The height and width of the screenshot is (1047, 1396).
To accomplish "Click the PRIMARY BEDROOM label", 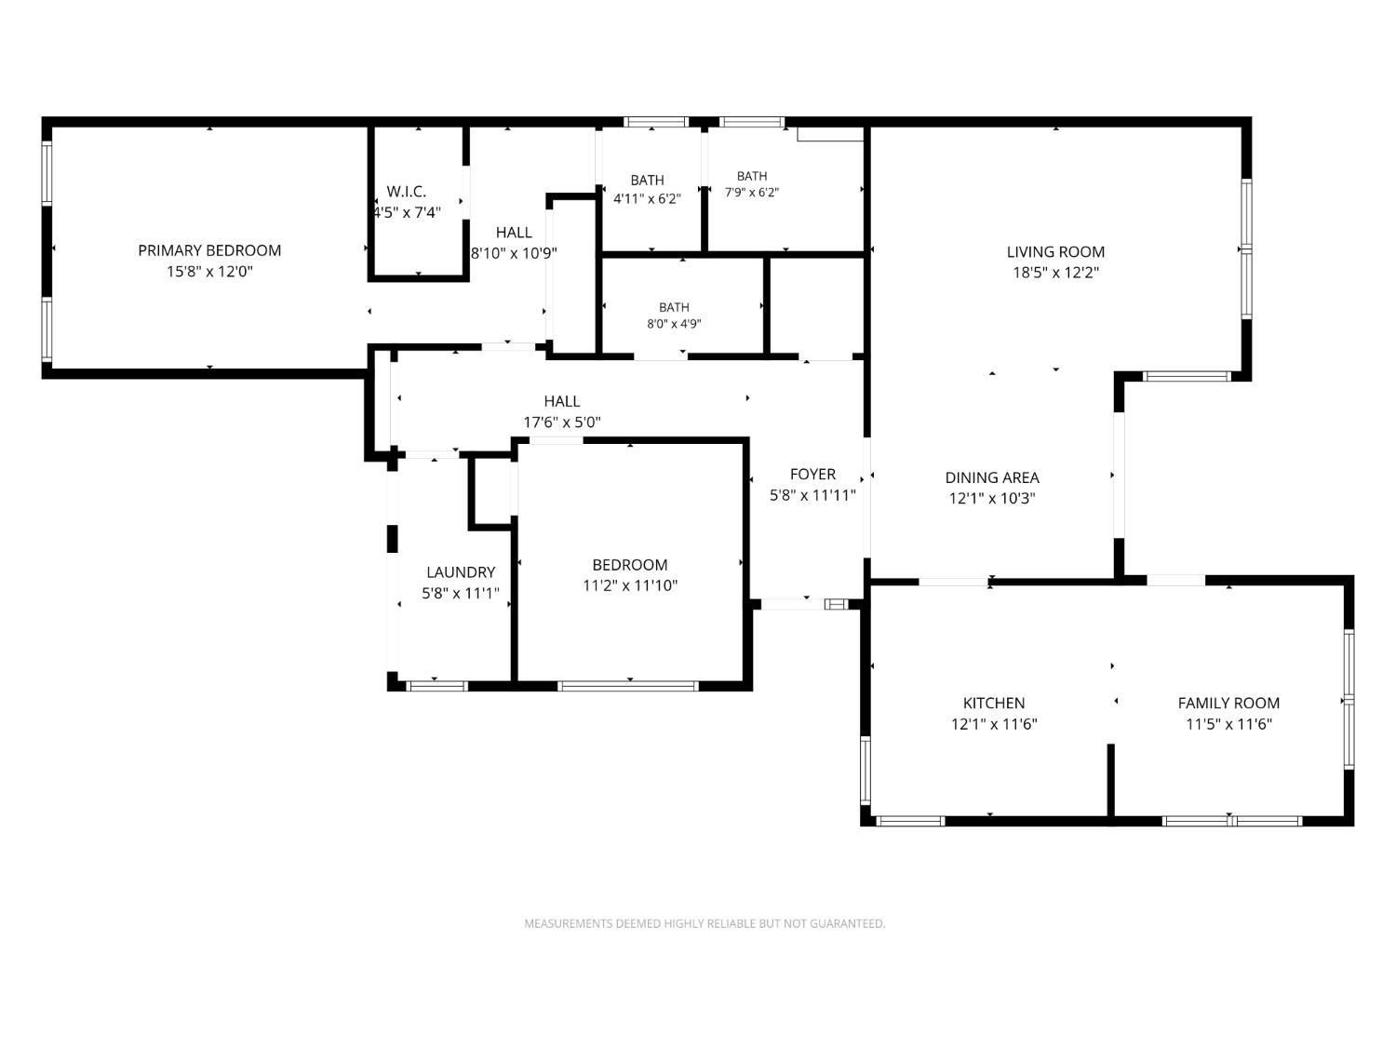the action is [x=209, y=250].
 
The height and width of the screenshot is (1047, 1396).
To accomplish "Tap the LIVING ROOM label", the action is [x=1055, y=251].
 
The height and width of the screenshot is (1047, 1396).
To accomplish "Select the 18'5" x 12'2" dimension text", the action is [x=1055, y=273].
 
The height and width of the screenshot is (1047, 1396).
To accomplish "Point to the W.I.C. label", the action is [x=407, y=192].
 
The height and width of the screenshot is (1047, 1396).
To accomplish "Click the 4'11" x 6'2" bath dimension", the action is [x=647, y=199].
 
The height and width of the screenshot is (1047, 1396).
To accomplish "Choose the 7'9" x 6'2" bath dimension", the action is [x=752, y=192].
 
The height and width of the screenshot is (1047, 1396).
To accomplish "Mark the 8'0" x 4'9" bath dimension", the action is [x=674, y=324].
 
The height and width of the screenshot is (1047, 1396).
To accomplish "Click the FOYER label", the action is [x=812, y=475].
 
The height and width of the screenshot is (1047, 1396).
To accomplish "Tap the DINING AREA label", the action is [x=992, y=477].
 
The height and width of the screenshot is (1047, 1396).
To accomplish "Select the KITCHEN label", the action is [x=993, y=703].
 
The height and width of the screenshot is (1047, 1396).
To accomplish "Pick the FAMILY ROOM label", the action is [x=1228, y=703].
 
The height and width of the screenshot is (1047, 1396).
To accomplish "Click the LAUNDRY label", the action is [x=461, y=572].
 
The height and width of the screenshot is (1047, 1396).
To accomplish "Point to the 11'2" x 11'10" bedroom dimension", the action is [x=630, y=585].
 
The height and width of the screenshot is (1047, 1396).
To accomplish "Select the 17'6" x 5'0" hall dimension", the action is [x=561, y=423].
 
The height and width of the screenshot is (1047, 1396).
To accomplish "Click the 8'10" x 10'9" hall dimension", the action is [x=514, y=254].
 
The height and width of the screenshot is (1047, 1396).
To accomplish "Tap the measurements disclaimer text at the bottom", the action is [x=705, y=923].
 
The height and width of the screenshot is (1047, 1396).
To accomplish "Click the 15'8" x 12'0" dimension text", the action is [x=209, y=272].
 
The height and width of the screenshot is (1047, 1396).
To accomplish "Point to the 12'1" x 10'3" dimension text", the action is [x=992, y=499].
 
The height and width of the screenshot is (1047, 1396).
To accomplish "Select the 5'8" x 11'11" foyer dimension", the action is [x=812, y=495].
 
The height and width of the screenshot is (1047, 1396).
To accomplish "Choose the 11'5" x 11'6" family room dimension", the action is [x=1228, y=724].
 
